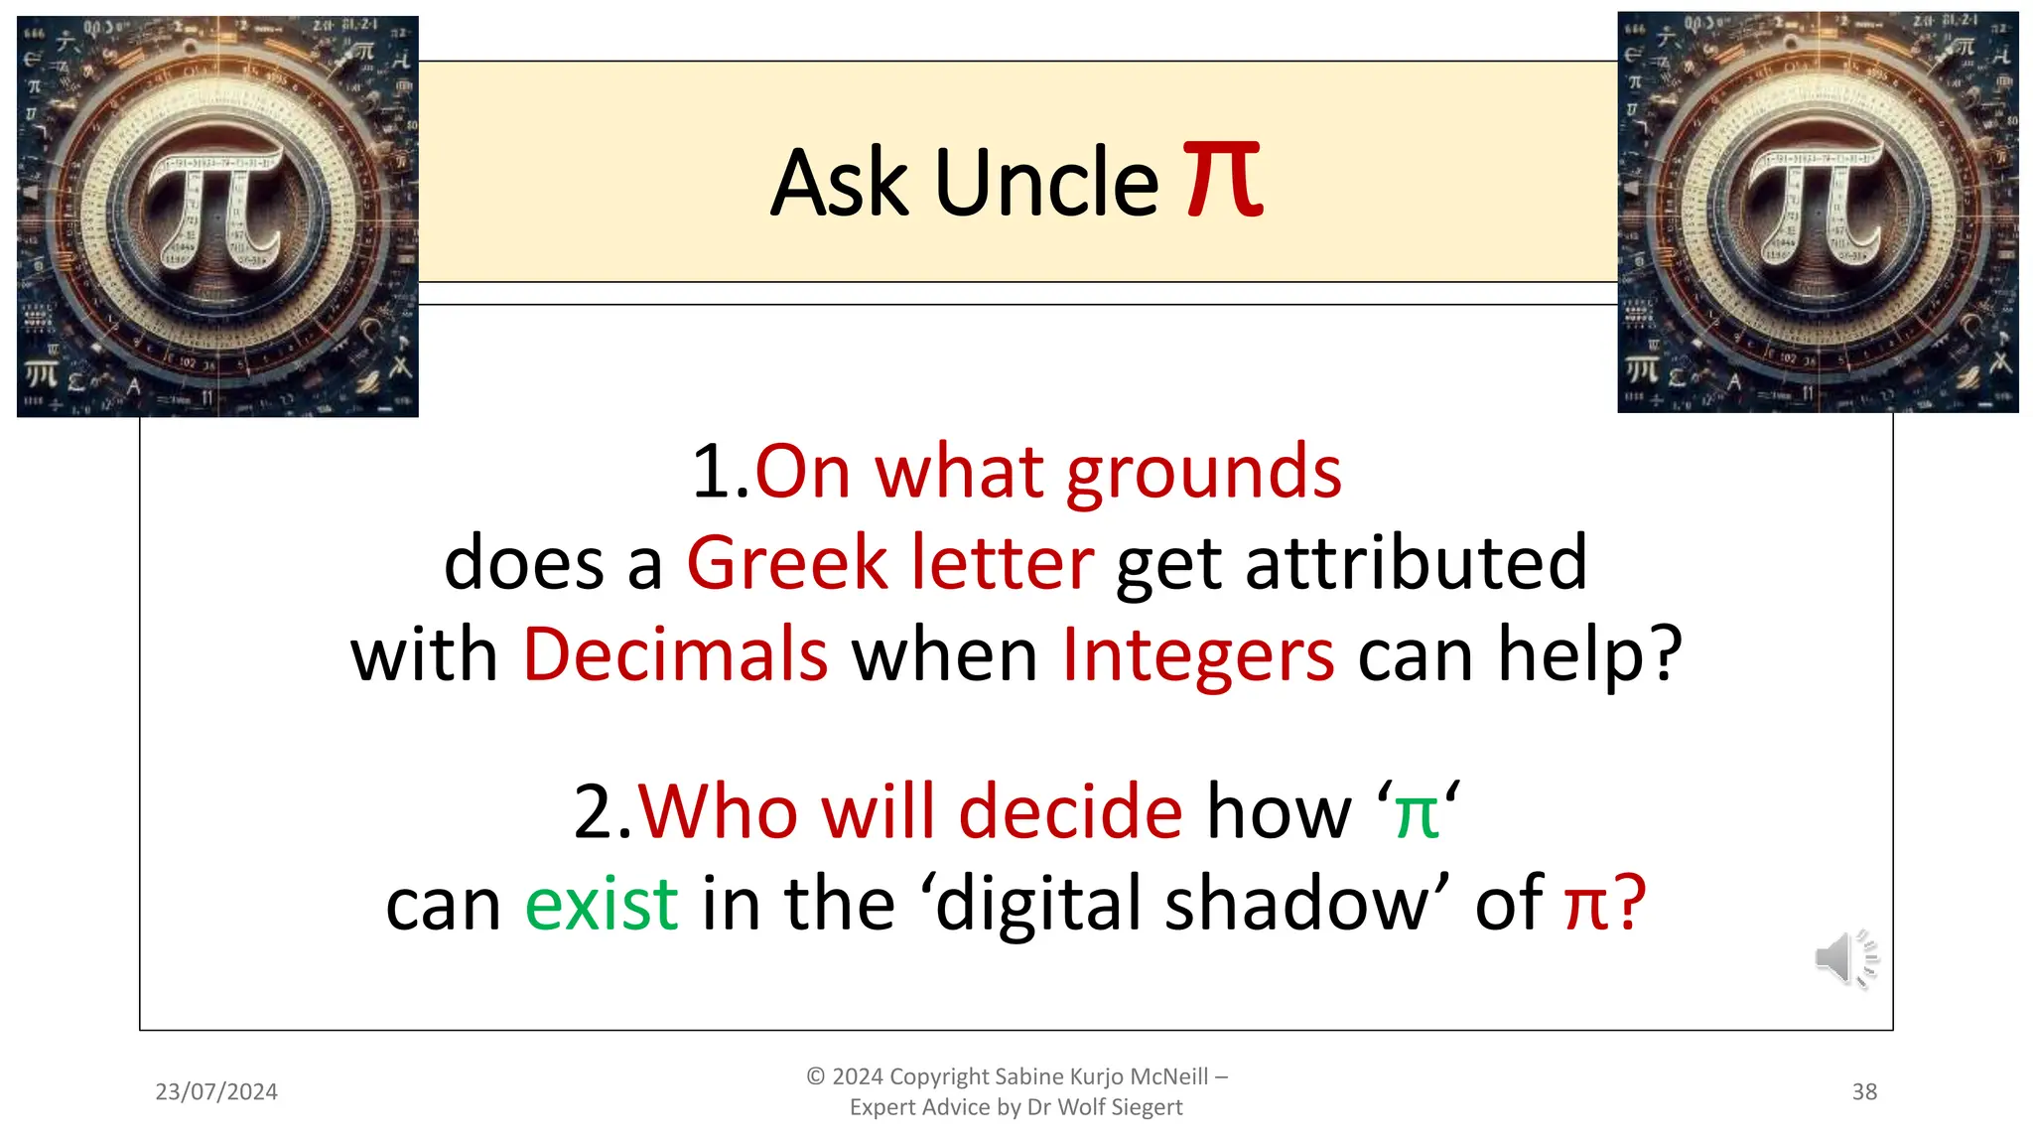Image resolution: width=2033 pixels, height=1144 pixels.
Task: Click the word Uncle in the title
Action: (1046, 183)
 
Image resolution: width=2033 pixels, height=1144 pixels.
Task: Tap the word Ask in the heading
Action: (839, 183)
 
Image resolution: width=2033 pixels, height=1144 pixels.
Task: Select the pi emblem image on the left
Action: (217, 216)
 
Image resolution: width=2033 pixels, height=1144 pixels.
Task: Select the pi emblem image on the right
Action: (1818, 213)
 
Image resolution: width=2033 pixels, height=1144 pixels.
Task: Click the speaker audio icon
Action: (1845, 959)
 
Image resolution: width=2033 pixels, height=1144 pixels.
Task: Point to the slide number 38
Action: (1864, 1091)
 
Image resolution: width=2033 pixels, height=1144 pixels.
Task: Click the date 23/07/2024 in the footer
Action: (216, 1091)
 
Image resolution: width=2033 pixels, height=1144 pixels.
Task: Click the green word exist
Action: (602, 905)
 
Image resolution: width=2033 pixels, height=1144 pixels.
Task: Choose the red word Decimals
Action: (675, 655)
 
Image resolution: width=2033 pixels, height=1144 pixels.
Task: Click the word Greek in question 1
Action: (787, 563)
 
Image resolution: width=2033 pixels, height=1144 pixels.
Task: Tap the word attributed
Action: (1417, 563)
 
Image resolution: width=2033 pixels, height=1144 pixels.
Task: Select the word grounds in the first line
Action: (1203, 474)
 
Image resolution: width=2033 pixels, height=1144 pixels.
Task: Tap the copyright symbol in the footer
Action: (816, 1076)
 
